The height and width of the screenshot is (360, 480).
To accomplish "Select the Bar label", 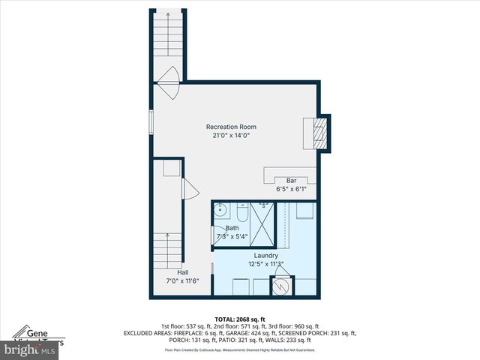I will (x=291, y=181).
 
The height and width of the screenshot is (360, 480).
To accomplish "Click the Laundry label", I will (x=266, y=255).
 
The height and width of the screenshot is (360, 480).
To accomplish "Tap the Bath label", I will (x=232, y=228).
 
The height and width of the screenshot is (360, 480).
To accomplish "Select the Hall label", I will (x=182, y=272).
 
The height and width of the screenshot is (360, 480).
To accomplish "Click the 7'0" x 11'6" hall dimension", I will (x=182, y=281).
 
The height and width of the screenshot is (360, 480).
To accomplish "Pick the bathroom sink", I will (x=220, y=211).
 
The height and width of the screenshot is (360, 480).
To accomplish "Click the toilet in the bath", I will (x=241, y=211).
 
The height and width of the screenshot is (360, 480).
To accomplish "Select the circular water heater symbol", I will (x=282, y=286).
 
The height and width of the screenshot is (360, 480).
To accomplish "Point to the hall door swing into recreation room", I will (x=189, y=190).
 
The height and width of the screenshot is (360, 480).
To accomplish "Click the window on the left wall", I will (x=151, y=122).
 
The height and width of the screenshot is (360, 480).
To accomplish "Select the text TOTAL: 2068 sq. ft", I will (x=240, y=319).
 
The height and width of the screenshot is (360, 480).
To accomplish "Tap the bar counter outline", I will (x=288, y=173).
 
